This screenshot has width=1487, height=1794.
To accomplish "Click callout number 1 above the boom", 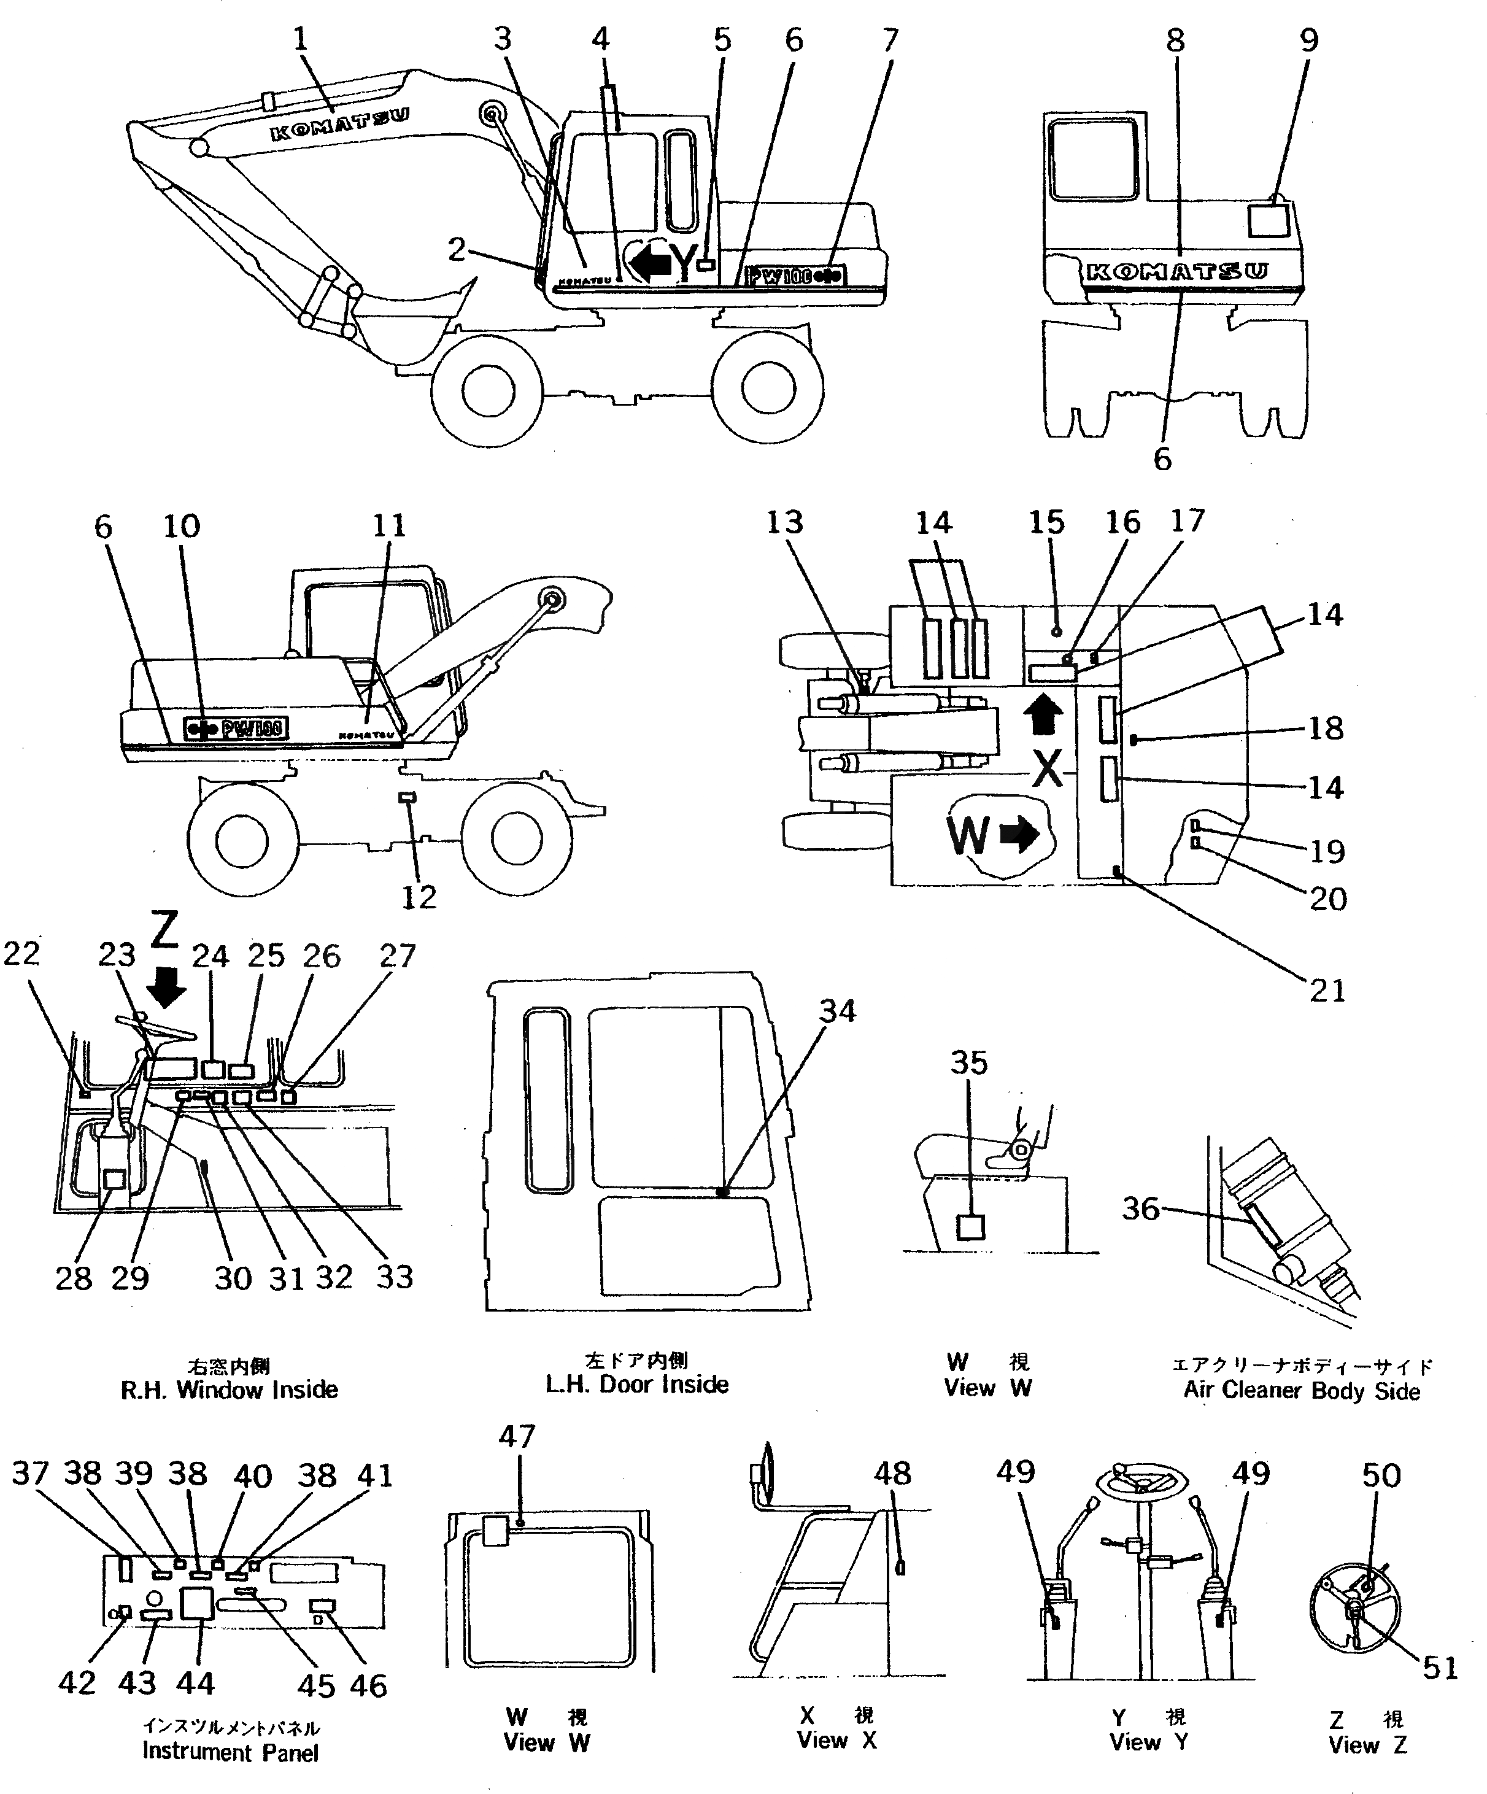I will (x=299, y=39).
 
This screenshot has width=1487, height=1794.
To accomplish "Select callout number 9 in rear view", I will (x=1308, y=40).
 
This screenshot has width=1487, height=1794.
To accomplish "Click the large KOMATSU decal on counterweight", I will (x=1176, y=273).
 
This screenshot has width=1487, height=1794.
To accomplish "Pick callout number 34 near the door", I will (x=837, y=1011).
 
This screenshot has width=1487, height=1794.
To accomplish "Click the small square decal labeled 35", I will (x=970, y=1228).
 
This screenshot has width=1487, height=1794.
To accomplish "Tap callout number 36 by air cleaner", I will (x=1140, y=1208).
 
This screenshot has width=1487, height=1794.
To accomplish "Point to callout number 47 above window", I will (x=517, y=1437).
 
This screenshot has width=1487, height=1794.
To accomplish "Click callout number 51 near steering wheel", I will (x=1439, y=1667).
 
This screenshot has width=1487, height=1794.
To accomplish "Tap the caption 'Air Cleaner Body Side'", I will (x=1301, y=1391).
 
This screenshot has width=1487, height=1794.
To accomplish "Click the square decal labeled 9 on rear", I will (x=1266, y=220).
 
